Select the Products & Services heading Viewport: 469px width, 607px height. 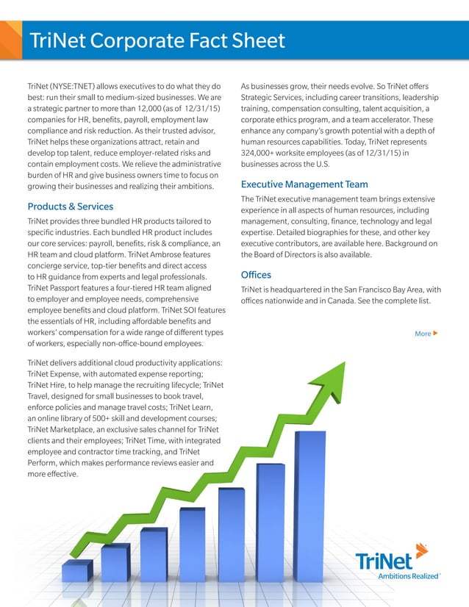[70, 206]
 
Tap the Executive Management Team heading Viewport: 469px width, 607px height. [304, 184]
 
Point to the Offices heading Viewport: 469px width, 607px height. [256, 275]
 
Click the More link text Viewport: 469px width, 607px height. [423, 334]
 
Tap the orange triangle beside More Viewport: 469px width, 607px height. [436, 334]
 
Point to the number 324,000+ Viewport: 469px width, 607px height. [263, 152]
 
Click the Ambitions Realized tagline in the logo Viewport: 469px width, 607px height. [406, 577]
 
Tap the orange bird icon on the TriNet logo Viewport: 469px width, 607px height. [420, 551]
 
